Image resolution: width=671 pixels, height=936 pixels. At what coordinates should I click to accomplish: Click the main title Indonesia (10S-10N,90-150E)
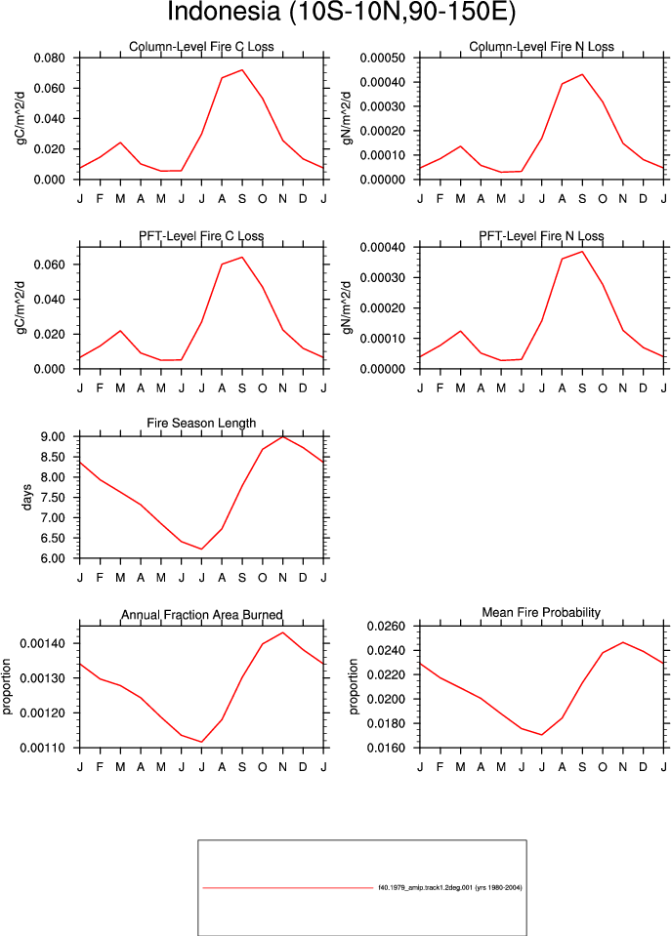click(341, 12)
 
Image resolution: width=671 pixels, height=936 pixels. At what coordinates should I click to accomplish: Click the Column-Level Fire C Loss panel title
click(201, 47)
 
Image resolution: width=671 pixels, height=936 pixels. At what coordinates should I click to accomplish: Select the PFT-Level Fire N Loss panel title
click(541, 236)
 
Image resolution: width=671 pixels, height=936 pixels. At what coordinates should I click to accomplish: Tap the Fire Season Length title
click(201, 424)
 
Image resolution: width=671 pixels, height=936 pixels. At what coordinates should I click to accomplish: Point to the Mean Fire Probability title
click(541, 613)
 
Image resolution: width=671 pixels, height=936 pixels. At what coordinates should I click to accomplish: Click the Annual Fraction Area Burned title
click(202, 615)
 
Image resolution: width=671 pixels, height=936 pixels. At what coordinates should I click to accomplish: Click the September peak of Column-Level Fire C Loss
click(242, 70)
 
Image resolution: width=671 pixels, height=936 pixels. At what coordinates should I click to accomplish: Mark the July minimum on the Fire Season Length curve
click(202, 549)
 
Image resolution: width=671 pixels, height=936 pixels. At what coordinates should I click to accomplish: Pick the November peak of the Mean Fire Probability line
click(622, 642)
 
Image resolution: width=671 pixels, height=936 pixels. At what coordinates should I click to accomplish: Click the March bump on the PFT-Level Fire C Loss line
click(120, 331)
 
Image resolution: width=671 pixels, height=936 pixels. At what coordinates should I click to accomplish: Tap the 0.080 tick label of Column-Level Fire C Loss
click(50, 59)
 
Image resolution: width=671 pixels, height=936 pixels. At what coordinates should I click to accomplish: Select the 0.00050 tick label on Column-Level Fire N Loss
click(383, 59)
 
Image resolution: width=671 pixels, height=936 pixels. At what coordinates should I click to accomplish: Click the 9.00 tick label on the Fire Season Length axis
click(53, 437)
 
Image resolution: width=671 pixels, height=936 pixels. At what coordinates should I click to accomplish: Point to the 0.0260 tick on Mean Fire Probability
click(386, 627)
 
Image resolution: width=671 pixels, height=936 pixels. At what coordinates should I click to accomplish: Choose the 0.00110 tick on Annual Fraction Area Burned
click(43, 748)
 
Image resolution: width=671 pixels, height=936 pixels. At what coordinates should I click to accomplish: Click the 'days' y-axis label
click(27, 498)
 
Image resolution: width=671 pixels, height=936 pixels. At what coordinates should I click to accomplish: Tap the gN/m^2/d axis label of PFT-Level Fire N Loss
click(348, 307)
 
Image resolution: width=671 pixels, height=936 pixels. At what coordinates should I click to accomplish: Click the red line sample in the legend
click(287, 887)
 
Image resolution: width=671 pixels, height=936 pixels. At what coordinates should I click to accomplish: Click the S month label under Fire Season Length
click(242, 578)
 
